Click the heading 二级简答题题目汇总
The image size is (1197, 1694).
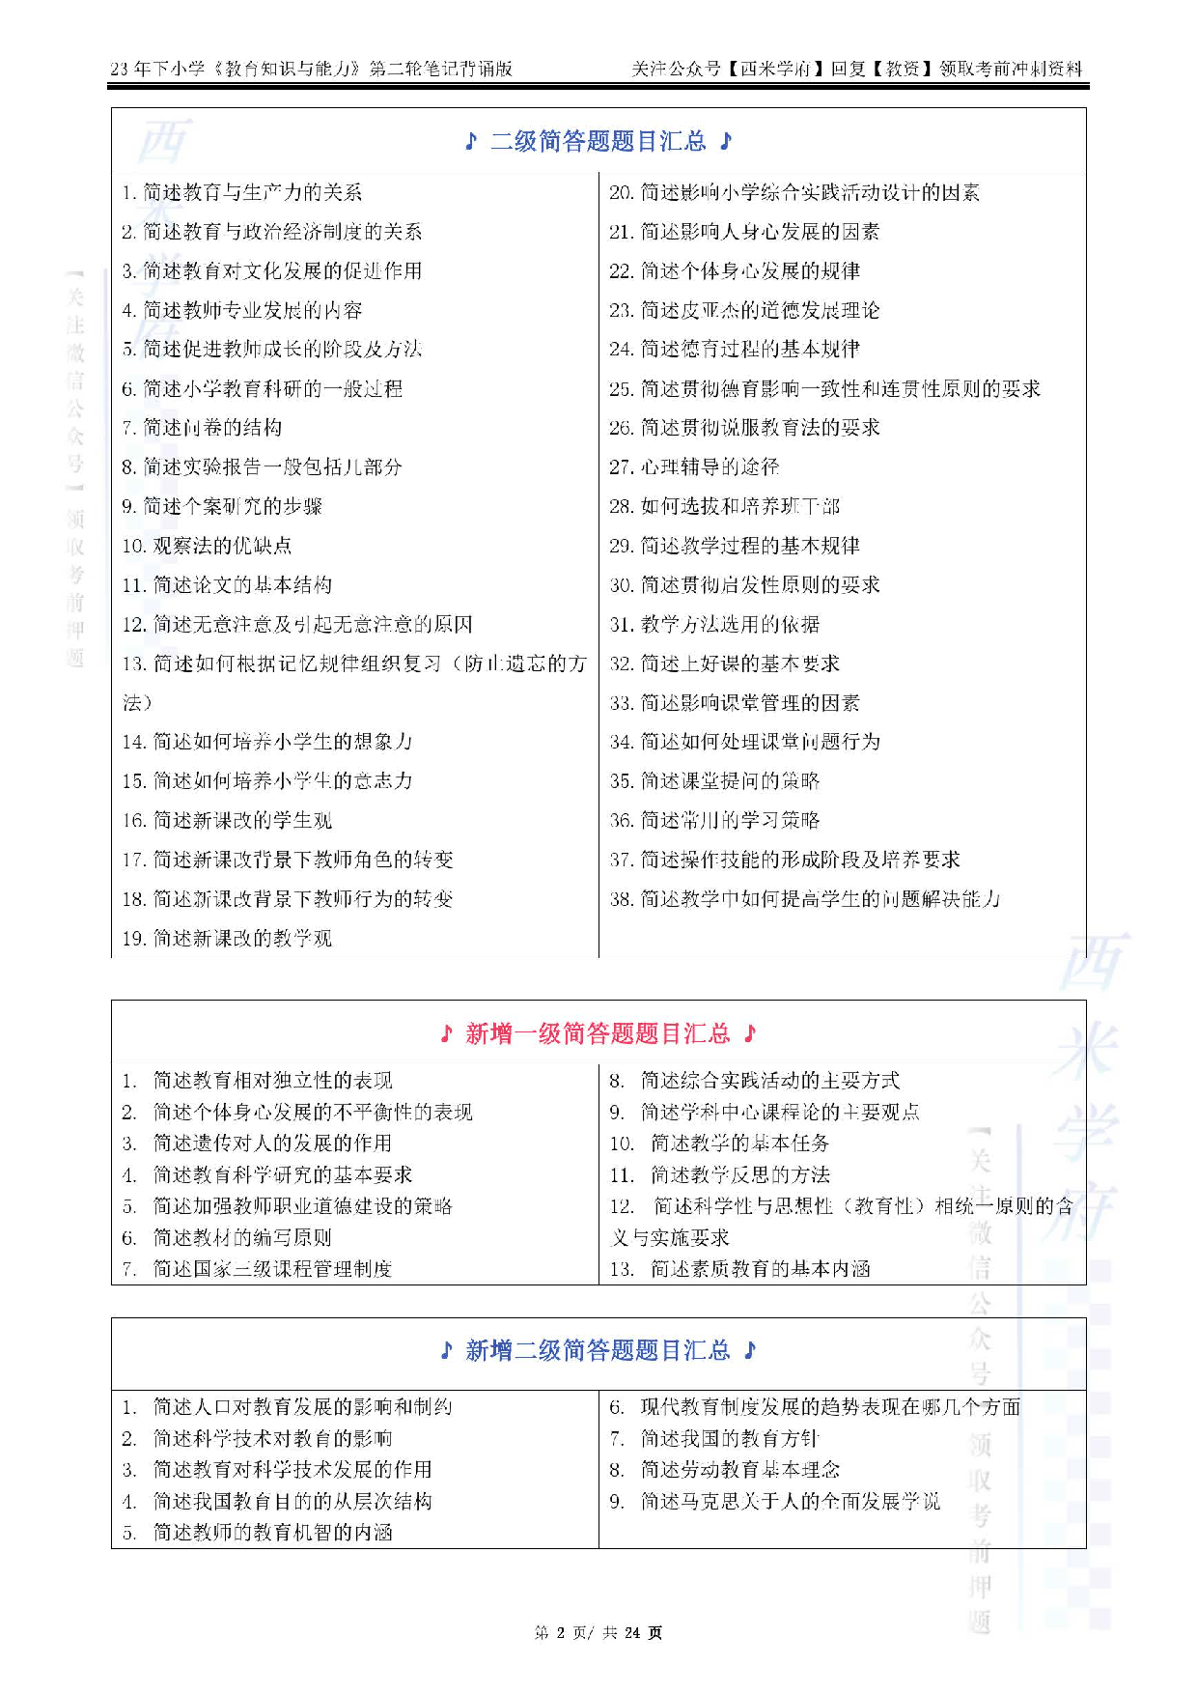point(598,142)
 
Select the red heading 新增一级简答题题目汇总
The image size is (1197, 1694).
point(598,1034)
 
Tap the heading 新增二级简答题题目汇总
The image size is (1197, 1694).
point(598,1350)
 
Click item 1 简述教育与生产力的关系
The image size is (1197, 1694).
point(242,193)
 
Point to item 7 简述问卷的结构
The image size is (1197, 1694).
point(202,428)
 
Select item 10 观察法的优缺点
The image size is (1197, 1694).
point(207,546)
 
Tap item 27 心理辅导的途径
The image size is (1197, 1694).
point(694,467)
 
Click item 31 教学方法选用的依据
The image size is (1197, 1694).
point(714,625)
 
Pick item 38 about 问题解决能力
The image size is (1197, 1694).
point(805,899)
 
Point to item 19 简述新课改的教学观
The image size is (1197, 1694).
point(227,939)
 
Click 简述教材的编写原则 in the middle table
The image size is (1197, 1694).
point(241,1238)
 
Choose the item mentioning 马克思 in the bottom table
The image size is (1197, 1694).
point(789,1502)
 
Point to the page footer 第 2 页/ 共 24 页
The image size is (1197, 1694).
point(598,1633)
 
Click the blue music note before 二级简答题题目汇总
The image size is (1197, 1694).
point(471,142)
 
